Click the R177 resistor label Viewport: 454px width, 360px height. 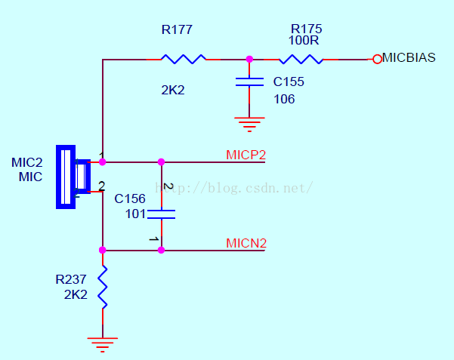(x=177, y=29)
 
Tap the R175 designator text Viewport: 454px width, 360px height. (x=307, y=29)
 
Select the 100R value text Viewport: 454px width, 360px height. (x=304, y=40)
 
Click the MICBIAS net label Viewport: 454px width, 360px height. (x=409, y=57)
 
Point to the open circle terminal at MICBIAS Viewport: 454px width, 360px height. (x=377, y=59)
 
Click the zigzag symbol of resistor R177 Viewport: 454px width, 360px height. (x=184, y=59)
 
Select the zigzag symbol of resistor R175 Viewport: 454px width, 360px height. (x=301, y=59)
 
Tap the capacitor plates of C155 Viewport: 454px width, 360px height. (x=249, y=82)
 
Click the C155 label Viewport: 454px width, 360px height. (x=289, y=82)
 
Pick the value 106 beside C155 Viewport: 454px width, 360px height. (x=284, y=100)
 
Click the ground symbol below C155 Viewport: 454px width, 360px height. (x=249, y=125)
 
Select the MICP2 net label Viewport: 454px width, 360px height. (x=246, y=155)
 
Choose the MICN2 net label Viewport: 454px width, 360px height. (x=246, y=243)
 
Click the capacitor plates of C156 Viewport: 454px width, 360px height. (x=161, y=214)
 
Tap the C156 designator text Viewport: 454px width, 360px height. (x=130, y=198)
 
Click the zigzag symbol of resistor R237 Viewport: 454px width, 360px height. (x=103, y=287)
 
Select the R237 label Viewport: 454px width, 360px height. (x=71, y=279)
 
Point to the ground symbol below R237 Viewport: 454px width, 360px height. (x=103, y=345)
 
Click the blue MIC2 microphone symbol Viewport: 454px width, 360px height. (x=73, y=177)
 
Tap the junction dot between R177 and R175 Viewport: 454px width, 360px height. (x=249, y=59)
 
